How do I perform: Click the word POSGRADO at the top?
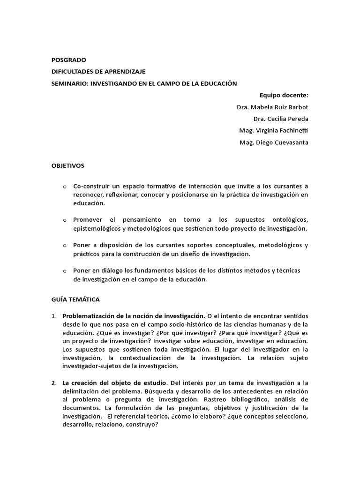pyautogui.click(x=69, y=60)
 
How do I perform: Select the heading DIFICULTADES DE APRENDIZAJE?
pyautogui.click(x=98, y=71)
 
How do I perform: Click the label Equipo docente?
pyautogui.click(x=286, y=95)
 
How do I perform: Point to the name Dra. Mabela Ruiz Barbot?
pyautogui.click(x=272, y=107)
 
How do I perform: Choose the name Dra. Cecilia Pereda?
pyautogui.click(x=281, y=119)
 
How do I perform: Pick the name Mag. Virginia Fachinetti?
pyautogui.click(x=274, y=131)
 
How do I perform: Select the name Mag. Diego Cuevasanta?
pyautogui.click(x=274, y=142)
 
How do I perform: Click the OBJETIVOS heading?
pyautogui.click(x=67, y=165)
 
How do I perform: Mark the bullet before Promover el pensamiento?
pyautogui.click(x=65, y=220)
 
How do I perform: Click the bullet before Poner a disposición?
pyautogui.click(x=65, y=246)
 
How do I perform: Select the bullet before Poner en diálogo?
pyautogui.click(x=65, y=271)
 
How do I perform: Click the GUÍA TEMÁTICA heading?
pyautogui.click(x=75, y=299)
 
